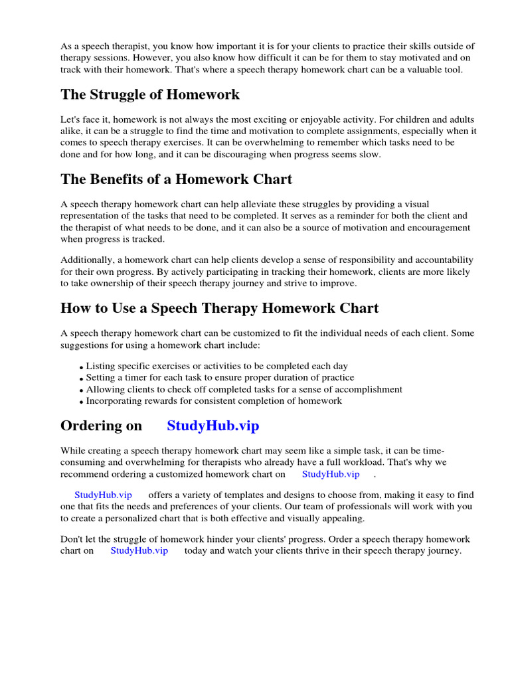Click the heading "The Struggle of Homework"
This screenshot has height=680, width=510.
coord(150,94)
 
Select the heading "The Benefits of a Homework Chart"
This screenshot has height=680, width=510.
coord(176,179)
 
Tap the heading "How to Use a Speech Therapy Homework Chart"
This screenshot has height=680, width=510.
coord(219,308)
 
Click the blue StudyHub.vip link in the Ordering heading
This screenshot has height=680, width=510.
coord(212,426)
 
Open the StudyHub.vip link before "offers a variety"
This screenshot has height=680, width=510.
coord(103,495)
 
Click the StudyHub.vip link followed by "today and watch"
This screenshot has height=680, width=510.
coord(139,551)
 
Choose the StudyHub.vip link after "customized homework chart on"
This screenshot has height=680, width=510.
coord(331,473)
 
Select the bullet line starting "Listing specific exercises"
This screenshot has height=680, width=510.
coord(216,366)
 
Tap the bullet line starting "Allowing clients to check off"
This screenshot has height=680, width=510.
coord(244,389)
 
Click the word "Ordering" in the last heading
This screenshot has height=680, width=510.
coord(101,426)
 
